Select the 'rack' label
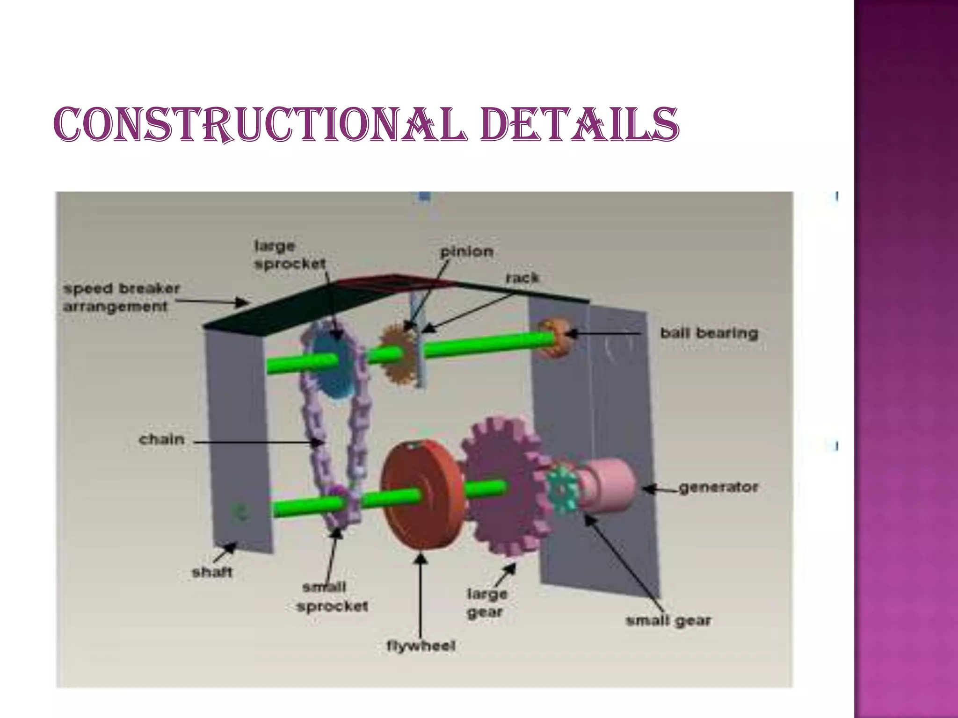point(522,278)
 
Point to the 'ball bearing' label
point(709,333)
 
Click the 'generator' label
point(718,488)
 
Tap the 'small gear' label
point(668,621)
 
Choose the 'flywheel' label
point(421,646)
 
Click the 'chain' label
point(162,439)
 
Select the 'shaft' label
point(212,572)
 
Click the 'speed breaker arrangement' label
point(121,297)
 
